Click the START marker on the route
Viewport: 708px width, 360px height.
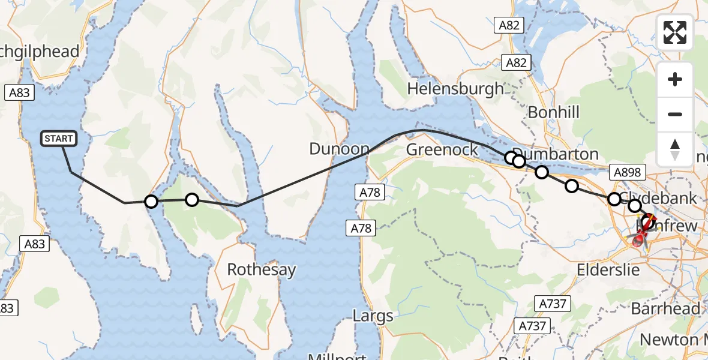pyautogui.click(x=59, y=139)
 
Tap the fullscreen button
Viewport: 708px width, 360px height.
pyautogui.click(x=675, y=32)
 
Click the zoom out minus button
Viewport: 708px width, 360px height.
pyautogui.click(x=675, y=114)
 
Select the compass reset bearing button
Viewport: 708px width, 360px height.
pyautogui.click(x=675, y=149)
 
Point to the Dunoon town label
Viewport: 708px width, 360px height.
pyautogui.click(x=340, y=149)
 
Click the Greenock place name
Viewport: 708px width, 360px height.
pyautogui.click(x=442, y=149)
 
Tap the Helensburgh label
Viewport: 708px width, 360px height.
pyautogui.click(x=455, y=89)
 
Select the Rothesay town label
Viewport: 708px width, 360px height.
pyautogui.click(x=262, y=269)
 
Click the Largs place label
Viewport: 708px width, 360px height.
pyautogui.click(x=373, y=316)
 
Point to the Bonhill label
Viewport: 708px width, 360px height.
pyautogui.click(x=554, y=112)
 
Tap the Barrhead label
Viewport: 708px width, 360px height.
pyautogui.click(x=665, y=308)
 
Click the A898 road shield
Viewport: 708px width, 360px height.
pyautogui.click(x=626, y=173)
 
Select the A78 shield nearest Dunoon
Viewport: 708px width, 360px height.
pyautogui.click(x=369, y=192)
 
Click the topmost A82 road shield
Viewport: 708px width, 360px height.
pyautogui.click(x=510, y=25)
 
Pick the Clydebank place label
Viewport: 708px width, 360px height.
pyautogui.click(x=658, y=198)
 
